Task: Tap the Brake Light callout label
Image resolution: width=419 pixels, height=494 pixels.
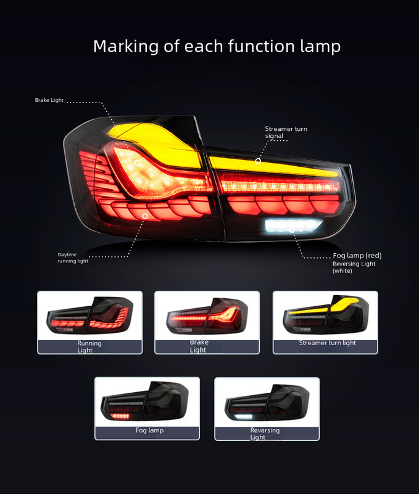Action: tap(49, 100)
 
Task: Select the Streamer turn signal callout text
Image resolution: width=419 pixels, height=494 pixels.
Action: tap(286, 132)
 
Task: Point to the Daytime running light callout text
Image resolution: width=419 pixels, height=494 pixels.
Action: tap(73, 257)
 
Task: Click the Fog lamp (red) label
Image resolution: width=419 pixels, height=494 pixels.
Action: tap(358, 256)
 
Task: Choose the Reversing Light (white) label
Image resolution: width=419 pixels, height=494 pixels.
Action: tap(353, 267)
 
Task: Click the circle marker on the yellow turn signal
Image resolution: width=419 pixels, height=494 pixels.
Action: tap(258, 161)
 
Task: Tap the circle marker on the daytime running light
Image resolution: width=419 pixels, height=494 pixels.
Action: tap(145, 216)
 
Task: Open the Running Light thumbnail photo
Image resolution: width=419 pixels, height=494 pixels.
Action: tap(90, 316)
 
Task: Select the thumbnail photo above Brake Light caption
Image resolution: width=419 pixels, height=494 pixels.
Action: tap(206, 316)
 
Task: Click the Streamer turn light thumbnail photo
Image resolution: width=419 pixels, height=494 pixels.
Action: tap(325, 316)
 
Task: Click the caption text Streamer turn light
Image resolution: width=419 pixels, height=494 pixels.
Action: tap(327, 343)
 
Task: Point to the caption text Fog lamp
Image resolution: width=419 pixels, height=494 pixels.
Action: tap(149, 430)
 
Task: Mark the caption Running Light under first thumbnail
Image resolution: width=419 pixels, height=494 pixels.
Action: tap(89, 346)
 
